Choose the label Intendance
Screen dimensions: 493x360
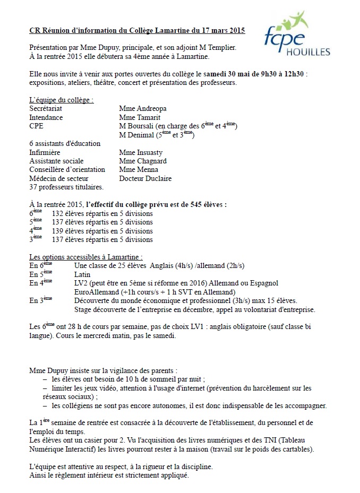click(46, 117)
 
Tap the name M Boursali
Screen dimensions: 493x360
click(136, 126)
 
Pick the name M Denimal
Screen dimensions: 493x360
click(136, 135)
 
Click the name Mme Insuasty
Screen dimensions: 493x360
click(142, 152)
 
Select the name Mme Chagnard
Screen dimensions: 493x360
click(143, 161)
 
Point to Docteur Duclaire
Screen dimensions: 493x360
click(145, 179)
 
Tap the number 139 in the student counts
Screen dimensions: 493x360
click(61, 231)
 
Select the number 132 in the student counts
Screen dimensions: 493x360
click(61, 213)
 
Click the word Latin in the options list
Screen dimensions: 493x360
click(82, 274)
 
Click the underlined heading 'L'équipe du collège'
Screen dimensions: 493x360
click(62, 100)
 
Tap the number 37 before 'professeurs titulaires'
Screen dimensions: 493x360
click(33, 187)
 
